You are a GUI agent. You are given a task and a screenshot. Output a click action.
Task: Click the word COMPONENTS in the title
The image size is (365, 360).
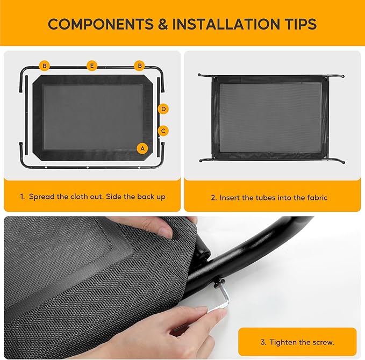click(x=101, y=24)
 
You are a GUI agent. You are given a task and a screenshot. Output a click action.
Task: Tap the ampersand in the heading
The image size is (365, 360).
click(x=163, y=24)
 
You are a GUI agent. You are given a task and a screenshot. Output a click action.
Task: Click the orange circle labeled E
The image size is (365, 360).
click(x=92, y=66)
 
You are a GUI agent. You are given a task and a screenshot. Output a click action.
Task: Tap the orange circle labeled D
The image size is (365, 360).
click(x=163, y=109)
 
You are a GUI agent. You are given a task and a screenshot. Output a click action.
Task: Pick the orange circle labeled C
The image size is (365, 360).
click(x=163, y=131)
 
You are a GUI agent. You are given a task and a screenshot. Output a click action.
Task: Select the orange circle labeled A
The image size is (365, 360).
click(x=142, y=148)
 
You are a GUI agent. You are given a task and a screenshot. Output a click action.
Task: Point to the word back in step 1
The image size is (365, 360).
click(x=146, y=197)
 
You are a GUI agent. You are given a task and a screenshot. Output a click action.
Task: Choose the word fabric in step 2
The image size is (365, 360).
click(x=317, y=198)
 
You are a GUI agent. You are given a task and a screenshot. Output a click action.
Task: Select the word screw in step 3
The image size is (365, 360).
click(x=324, y=343)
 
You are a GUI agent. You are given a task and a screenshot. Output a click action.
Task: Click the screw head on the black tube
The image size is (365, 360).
click(x=219, y=279)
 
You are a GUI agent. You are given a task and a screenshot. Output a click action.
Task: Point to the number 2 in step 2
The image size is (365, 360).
click(x=213, y=198)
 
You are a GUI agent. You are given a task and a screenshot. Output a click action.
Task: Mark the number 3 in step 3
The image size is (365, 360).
click(x=263, y=342)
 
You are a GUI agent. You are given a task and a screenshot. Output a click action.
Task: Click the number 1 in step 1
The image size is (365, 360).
click(x=22, y=197)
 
